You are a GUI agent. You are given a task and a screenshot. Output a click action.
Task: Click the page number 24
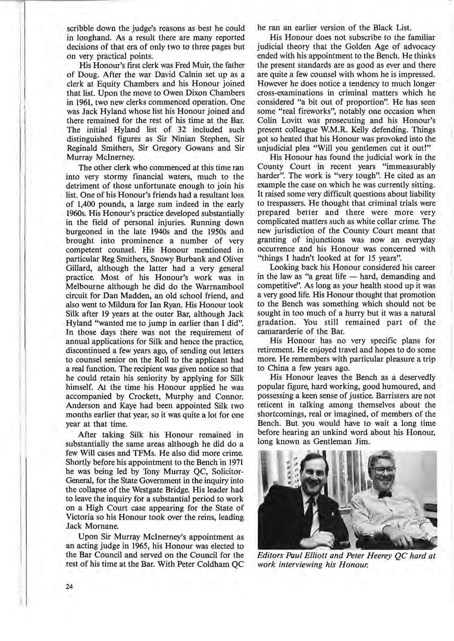coord(70,586)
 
